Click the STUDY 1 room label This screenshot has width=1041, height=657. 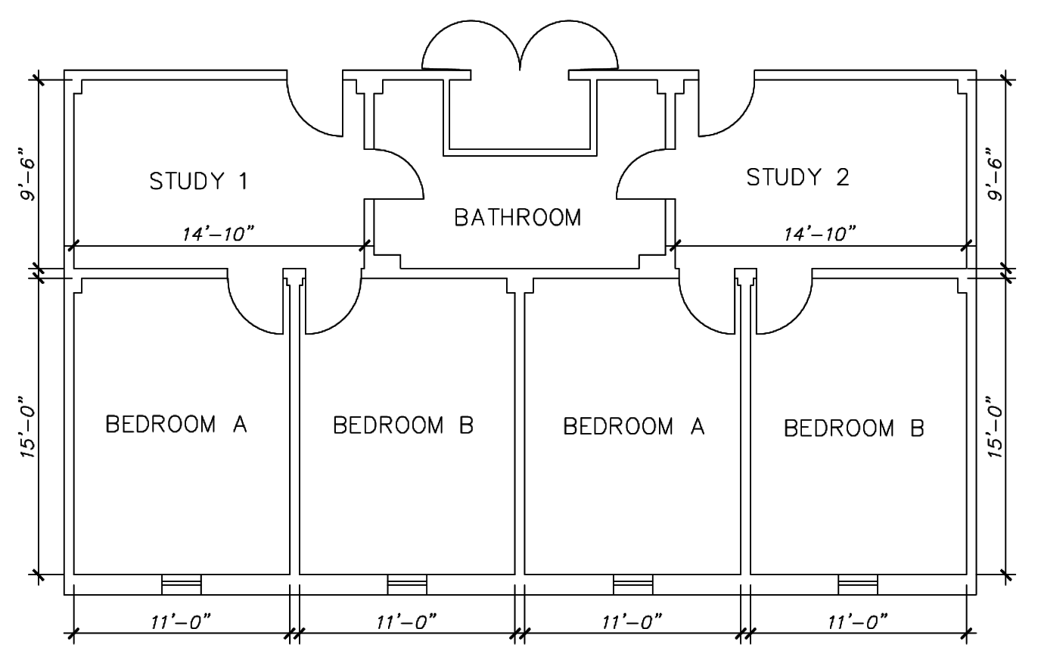[198, 181]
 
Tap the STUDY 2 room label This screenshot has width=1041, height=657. [798, 177]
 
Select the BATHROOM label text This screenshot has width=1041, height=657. [517, 217]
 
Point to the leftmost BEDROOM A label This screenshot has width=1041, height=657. [176, 424]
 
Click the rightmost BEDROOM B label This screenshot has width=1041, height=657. [854, 428]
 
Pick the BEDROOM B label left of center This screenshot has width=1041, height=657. [403, 425]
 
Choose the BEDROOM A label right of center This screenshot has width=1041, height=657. [634, 426]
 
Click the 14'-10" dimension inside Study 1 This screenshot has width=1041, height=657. [219, 234]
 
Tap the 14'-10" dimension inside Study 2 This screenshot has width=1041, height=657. [820, 234]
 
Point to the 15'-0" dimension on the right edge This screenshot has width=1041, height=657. [995, 427]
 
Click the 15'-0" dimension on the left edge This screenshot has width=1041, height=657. [28, 427]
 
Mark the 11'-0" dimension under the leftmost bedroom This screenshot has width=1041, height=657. [182, 621]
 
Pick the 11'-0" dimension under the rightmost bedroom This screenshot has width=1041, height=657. [858, 621]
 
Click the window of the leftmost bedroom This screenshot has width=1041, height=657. [182, 584]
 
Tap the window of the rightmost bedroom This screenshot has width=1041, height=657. [858, 584]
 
